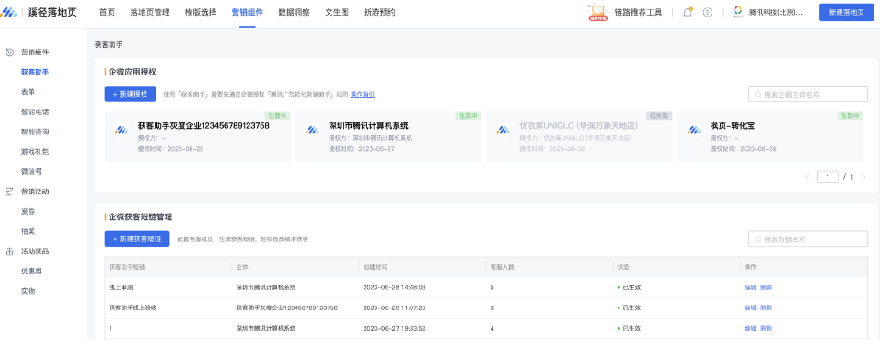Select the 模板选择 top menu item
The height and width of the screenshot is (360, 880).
[x=201, y=12]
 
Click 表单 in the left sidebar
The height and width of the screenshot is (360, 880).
[x=28, y=91]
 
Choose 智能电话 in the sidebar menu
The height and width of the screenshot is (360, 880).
[x=34, y=111]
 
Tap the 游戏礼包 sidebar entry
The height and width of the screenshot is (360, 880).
[x=34, y=151]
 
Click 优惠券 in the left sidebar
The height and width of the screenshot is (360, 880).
[x=31, y=271]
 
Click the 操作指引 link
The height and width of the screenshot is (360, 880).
[x=362, y=94]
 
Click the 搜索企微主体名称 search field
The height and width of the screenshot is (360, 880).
[x=808, y=94]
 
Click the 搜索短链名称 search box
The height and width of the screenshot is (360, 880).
[x=808, y=238]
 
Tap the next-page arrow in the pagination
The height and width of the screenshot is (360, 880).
[x=864, y=177]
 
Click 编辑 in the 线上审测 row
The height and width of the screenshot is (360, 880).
[x=749, y=287]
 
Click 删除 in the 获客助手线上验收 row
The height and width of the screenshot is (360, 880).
[x=766, y=308]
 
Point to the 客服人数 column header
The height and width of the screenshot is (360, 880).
[x=502, y=266]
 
